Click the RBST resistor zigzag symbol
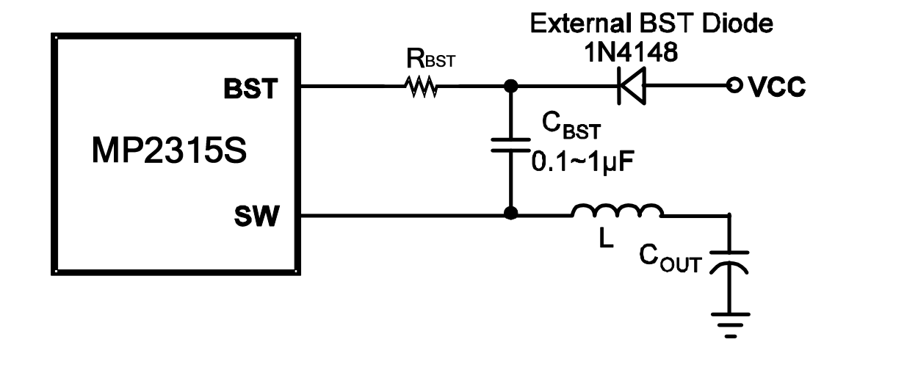pos(420,88)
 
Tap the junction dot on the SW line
pos(509,215)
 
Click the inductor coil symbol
pos(617,211)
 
